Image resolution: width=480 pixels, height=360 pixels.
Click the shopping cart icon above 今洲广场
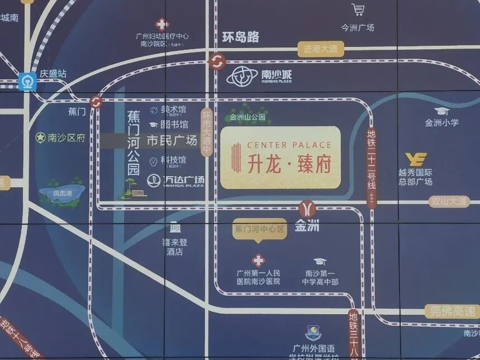tap(358, 10)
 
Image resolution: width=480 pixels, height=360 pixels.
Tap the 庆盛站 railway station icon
tap(26, 82)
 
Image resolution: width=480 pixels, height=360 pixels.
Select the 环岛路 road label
tap(240, 37)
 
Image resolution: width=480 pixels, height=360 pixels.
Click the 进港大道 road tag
tap(320, 49)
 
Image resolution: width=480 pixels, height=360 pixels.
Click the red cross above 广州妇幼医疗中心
tap(162, 24)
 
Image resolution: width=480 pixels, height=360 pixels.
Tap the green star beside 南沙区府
tap(40, 138)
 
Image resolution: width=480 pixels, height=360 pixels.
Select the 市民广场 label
tap(172, 140)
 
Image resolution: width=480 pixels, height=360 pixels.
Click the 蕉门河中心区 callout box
tap(259, 229)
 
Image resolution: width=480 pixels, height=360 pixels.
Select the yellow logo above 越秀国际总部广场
tap(416, 159)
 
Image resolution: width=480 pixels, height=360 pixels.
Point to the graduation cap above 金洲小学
tap(441, 111)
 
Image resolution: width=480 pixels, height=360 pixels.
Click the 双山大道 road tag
tap(449, 201)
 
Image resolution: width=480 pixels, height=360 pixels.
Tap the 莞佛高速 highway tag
tap(451, 311)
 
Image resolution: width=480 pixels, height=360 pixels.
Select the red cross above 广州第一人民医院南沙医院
tap(258, 260)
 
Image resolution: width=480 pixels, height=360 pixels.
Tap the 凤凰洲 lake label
tap(62, 193)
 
